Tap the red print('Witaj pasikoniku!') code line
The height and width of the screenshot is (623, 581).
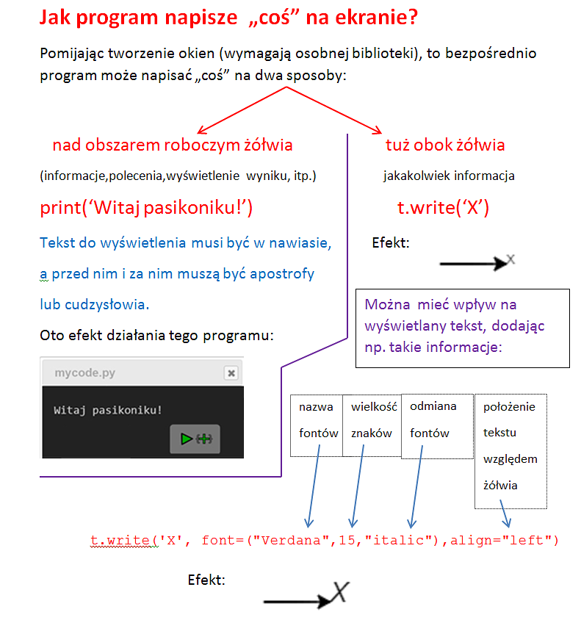click(146, 209)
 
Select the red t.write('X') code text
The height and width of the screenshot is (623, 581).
click(443, 209)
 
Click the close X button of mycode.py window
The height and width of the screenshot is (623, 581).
click(231, 373)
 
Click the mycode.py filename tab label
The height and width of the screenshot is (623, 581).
click(84, 373)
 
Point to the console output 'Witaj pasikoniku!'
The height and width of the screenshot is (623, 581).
click(108, 410)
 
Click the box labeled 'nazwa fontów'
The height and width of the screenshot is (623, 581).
click(317, 419)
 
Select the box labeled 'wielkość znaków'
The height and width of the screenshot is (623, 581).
click(372, 419)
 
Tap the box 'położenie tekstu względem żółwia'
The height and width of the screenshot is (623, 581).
click(510, 446)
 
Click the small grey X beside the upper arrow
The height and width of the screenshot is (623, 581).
click(511, 259)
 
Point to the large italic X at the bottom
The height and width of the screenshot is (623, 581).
click(339, 592)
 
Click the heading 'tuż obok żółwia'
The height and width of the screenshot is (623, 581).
click(445, 145)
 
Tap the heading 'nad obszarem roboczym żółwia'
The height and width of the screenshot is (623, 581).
click(173, 145)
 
